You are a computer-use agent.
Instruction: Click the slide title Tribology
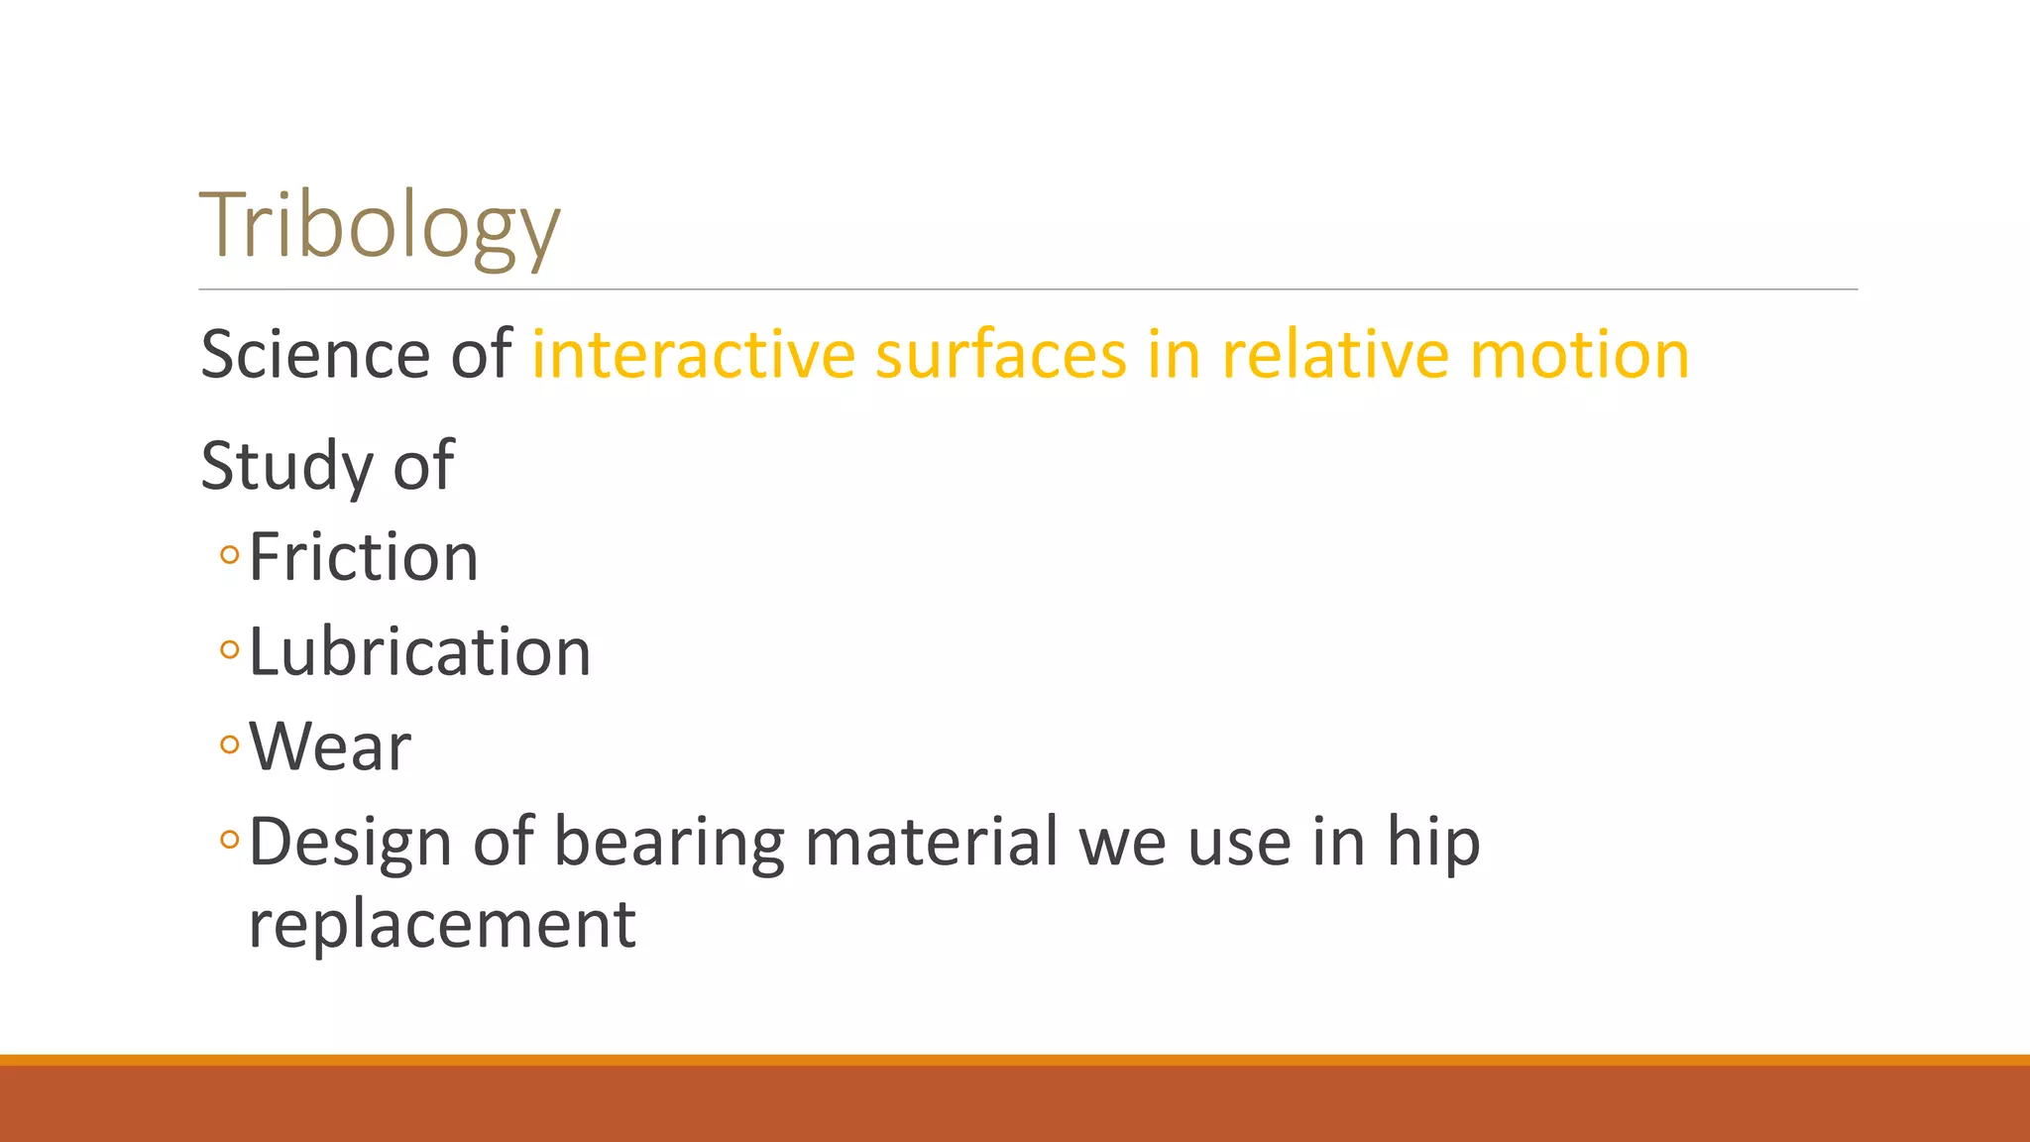pos(380,226)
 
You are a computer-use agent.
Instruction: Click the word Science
pos(315,355)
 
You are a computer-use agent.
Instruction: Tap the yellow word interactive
pos(693,355)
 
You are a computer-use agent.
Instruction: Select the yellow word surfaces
pos(1000,355)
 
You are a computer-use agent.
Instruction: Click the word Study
pos(286,466)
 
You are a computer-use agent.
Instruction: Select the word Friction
pos(363,557)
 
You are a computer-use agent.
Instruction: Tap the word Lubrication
pos(419,652)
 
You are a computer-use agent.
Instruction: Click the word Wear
pos(329,746)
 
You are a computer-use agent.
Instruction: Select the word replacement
pos(442,925)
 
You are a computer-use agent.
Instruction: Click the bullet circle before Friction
pos(230,555)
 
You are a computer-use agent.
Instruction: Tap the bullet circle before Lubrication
pos(230,650)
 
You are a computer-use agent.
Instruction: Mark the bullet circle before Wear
pos(230,744)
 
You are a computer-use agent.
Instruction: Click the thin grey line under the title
pos(1028,289)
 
